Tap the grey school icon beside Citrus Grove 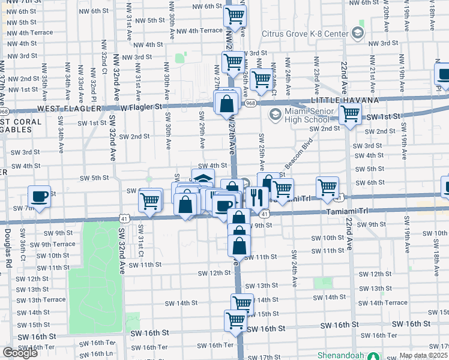click(x=359, y=31)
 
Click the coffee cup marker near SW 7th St click(x=40, y=197)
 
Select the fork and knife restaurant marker click(x=257, y=197)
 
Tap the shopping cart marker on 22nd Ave click(x=350, y=113)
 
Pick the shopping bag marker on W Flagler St click(x=228, y=103)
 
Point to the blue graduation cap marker click(x=203, y=179)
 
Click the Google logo click(x=20, y=353)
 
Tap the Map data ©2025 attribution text click(x=423, y=355)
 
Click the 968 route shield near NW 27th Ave click(x=249, y=103)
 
